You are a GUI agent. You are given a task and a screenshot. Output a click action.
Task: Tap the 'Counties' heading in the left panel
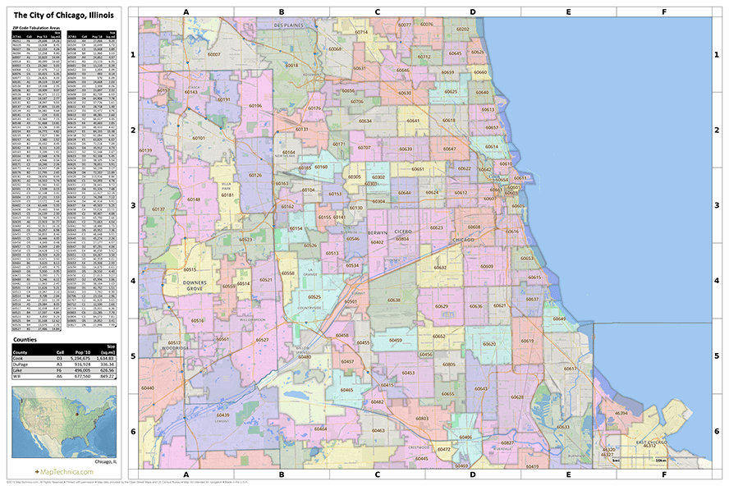[25, 338]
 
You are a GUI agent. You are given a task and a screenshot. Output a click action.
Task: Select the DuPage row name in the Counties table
[22, 364]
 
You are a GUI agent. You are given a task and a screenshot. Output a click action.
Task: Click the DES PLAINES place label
[288, 25]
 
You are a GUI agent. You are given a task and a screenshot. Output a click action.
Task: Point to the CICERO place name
[403, 232]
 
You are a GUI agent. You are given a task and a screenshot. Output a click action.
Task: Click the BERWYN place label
[377, 232]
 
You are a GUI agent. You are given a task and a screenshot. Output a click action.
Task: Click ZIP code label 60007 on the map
[214, 54]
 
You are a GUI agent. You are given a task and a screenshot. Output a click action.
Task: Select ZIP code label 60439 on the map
[222, 415]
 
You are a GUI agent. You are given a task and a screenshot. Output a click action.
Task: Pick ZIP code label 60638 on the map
[394, 300]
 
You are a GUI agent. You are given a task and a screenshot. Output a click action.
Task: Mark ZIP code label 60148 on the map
[193, 199]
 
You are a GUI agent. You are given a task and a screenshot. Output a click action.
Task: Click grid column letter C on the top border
[377, 12]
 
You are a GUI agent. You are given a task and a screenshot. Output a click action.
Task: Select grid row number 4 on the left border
[132, 281]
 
